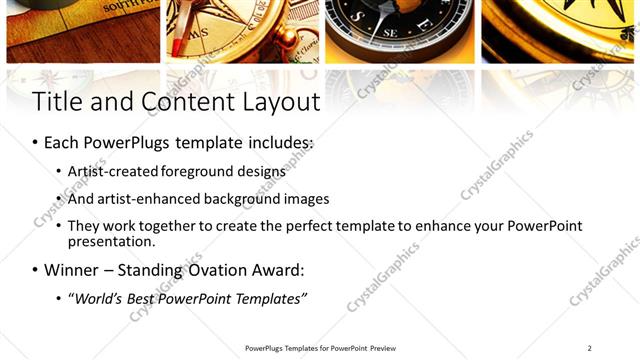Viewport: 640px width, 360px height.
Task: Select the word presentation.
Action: [110, 241]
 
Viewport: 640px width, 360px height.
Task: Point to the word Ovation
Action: [220, 270]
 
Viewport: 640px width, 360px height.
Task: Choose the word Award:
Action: [277, 270]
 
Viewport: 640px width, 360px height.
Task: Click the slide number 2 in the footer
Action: [589, 348]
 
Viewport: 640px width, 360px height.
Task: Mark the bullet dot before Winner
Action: [36, 271]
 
